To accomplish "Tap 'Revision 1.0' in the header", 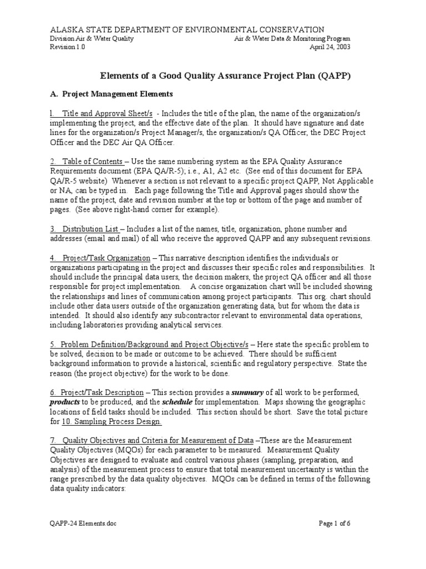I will [68, 47].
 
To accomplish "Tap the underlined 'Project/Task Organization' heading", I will [100, 258].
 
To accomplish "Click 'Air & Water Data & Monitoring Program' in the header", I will [292, 39].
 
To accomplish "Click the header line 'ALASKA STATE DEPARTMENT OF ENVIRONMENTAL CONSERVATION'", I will [187, 29].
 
